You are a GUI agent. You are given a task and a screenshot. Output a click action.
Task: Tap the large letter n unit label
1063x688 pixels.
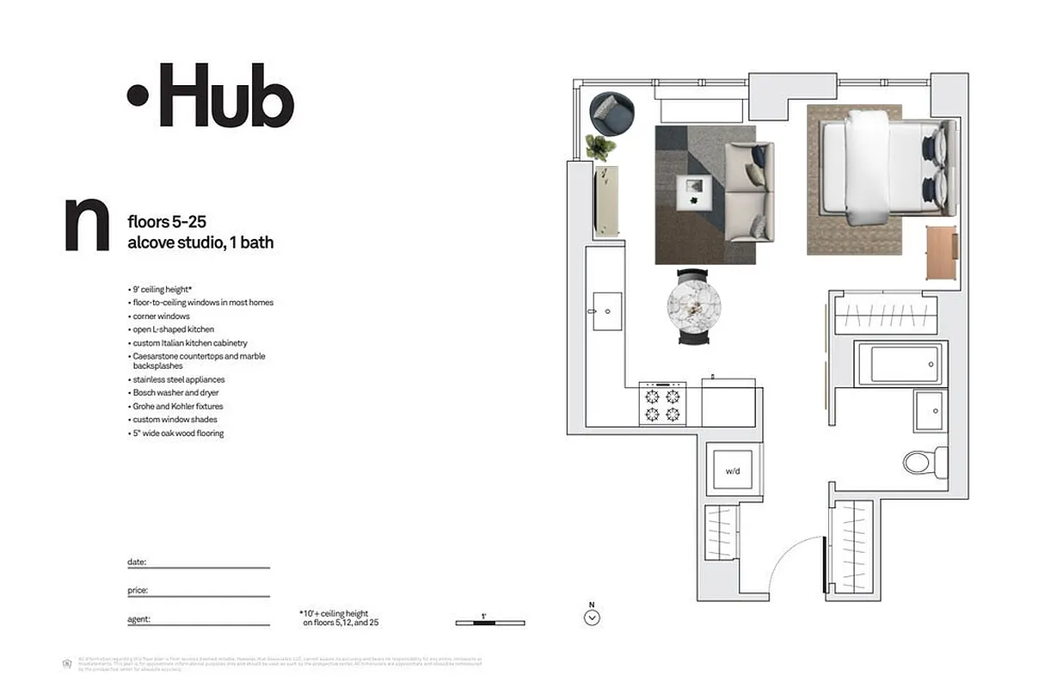[87, 225]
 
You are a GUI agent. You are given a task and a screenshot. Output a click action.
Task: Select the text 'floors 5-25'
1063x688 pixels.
[167, 223]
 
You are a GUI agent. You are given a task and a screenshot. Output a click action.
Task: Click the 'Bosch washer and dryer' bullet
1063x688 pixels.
[175, 393]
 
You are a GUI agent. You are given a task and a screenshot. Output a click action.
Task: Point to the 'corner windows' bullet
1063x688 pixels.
[161, 316]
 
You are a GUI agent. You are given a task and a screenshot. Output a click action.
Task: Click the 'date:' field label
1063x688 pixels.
[137, 562]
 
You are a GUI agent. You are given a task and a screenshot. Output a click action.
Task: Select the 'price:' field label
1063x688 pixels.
[138, 591]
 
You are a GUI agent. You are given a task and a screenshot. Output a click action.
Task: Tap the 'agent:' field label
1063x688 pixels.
[138, 619]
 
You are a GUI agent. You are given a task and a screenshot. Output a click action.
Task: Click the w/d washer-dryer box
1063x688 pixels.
[733, 470]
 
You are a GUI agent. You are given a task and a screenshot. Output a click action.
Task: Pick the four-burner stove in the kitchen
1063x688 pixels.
[662, 405]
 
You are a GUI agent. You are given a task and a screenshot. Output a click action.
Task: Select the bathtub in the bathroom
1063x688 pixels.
[900, 364]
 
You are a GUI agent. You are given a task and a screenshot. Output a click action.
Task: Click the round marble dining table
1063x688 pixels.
[693, 305]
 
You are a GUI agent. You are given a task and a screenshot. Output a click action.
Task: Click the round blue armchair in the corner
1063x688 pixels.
[611, 113]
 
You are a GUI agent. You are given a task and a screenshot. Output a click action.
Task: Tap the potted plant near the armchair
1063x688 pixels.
[600, 147]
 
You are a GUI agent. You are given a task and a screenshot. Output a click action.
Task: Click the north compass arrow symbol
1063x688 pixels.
[592, 616]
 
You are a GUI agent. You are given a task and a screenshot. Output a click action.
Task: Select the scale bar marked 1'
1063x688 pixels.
[489, 621]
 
